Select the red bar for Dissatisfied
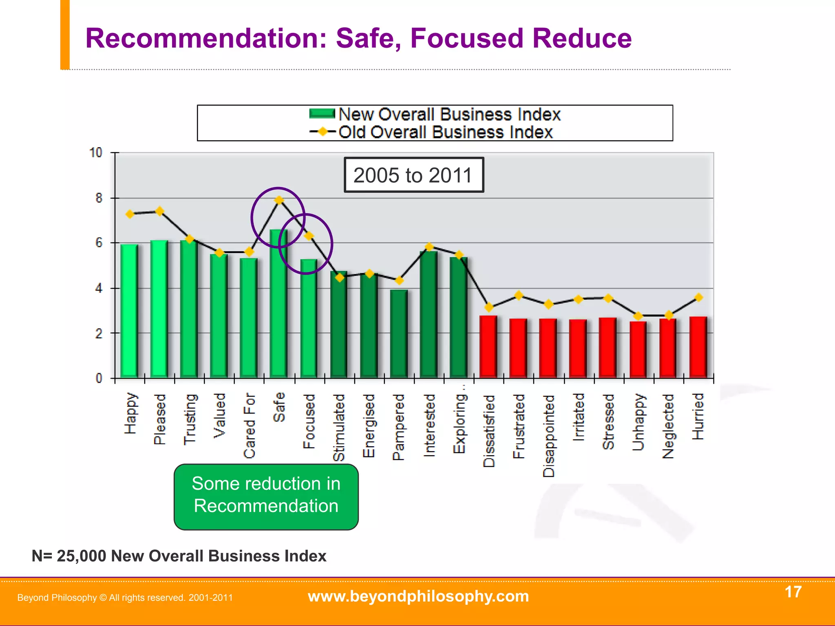tap(488, 346)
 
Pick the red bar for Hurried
tap(698, 347)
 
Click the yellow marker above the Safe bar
tap(279, 200)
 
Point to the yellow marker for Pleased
tap(159, 211)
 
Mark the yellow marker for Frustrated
tap(519, 295)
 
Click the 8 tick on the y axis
tap(99, 198)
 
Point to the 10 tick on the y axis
tap(96, 153)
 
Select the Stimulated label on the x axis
tap(339, 427)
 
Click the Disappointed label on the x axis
tap(549, 435)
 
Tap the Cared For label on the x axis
tap(249, 425)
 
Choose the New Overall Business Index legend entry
tap(435, 114)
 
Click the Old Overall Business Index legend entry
tap(431, 132)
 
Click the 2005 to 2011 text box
tap(413, 175)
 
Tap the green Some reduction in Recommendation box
tap(266, 496)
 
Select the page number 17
tap(793, 592)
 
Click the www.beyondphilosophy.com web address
tap(418, 596)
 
